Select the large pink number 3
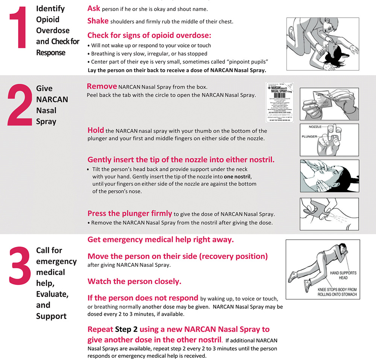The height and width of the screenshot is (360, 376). (20, 268)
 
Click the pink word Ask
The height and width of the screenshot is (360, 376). (94, 8)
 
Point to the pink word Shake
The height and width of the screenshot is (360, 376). (98, 21)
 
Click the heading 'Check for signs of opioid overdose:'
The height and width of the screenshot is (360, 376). (149, 35)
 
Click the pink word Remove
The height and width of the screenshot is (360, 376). (102, 86)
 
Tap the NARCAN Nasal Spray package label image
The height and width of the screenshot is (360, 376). (279, 101)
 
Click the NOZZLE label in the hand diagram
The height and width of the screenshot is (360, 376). (315, 127)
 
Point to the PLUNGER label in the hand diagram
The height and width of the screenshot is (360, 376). (310, 137)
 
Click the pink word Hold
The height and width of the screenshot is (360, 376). (96, 130)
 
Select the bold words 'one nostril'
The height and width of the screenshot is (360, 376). (237, 177)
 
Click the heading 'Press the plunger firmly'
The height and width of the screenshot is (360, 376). (130, 213)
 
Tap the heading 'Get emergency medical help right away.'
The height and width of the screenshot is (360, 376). (161, 239)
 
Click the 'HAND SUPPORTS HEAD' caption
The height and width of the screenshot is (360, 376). (343, 275)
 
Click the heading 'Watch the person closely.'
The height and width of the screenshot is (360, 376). (134, 281)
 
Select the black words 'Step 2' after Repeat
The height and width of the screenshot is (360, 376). (126, 330)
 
